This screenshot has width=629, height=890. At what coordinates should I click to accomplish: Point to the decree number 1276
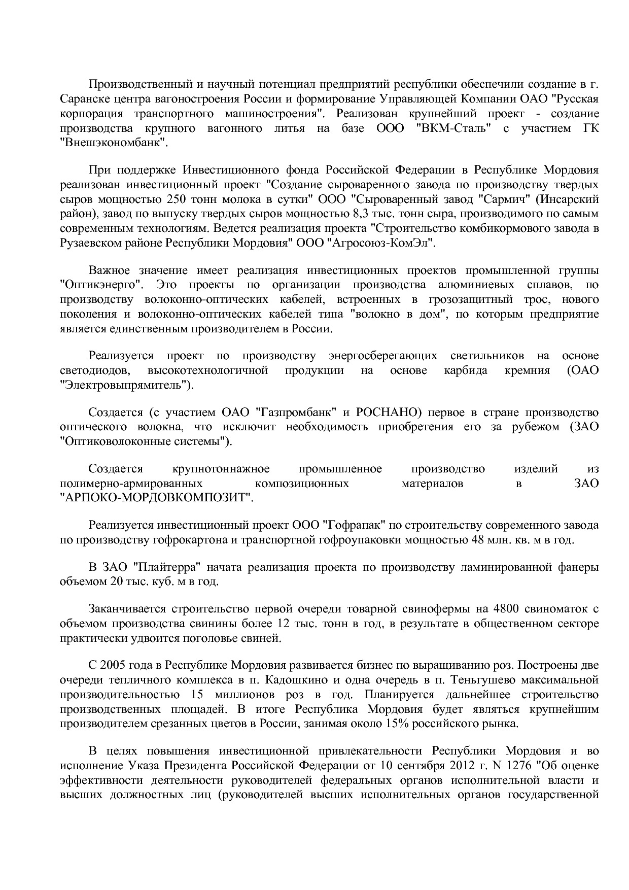pos(516,765)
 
